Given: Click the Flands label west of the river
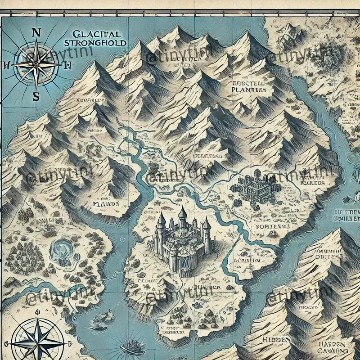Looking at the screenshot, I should (x=106, y=203).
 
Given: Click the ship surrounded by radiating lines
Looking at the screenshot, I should (x=131, y=346).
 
